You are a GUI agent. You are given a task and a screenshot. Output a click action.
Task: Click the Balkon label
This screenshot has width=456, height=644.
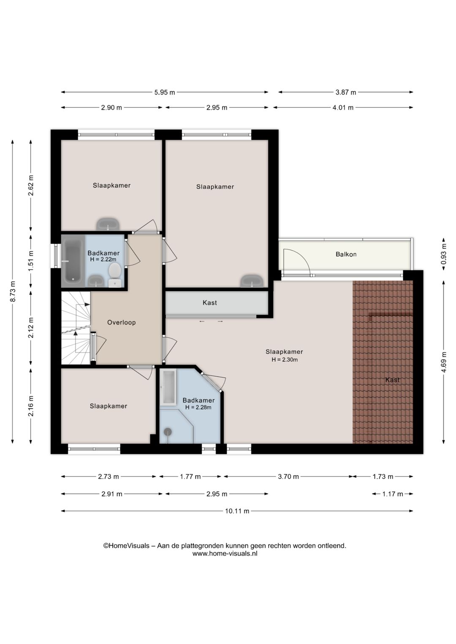coord(346,254)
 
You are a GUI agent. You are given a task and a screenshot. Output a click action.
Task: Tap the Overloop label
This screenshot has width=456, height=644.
coord(121,322)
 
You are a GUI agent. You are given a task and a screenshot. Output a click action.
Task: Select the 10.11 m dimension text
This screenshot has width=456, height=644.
coord(237,511)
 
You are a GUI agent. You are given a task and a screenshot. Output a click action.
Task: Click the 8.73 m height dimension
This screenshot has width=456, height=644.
coord(13,292)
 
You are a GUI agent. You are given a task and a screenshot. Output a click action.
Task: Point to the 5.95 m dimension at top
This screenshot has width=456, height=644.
coord(164,92)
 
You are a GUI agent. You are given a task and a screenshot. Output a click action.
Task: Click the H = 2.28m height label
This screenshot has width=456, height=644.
coord(198,407)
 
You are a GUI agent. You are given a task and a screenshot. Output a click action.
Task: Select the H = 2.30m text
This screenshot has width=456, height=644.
coord(284,360)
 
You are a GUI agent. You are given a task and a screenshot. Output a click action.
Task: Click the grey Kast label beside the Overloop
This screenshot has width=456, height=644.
coord(209,303)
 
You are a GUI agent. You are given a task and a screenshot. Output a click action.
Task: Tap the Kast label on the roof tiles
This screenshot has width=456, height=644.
coord(392,380)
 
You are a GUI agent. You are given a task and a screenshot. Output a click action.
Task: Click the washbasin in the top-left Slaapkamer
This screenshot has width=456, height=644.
coord(108,224)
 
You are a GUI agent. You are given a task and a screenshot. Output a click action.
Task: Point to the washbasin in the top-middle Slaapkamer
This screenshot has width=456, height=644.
coord(252,281)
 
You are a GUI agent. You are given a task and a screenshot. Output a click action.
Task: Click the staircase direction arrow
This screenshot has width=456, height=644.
coord(76,333)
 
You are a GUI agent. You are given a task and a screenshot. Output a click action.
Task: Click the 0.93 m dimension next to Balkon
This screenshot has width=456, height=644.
coord(443,254)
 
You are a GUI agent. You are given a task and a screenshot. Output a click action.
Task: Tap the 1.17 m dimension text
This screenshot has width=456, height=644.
coord(392,494)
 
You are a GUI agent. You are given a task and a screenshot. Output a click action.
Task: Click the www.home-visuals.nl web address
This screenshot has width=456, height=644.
coord(225,553)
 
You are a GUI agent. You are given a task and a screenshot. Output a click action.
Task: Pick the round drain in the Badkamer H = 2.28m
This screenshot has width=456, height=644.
coord(168,431)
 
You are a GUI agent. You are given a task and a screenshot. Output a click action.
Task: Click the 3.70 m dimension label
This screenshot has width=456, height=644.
coord(288,476)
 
